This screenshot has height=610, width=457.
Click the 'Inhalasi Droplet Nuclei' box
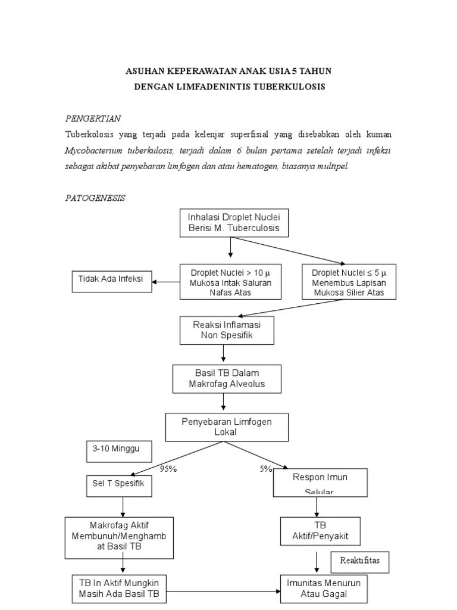pyautogui.click(x=230, y=222)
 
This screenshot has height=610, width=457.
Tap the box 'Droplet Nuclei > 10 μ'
pyautogui.click(x=230, y=282)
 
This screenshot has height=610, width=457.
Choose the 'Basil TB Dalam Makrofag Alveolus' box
pyautogui.click(x=227, y=378)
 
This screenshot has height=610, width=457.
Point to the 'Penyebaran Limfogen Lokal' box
pyautogui.click(x=227, y=427)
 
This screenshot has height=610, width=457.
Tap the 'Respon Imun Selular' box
pyautogui.click(x=320, y=482)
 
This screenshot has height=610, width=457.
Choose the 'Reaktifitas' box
pyautogui.click(x=359, y=561)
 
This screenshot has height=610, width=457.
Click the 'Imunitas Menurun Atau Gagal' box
pyautogui.click(x=324, y=589)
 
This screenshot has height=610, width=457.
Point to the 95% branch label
pyautogui.click(x=168, y=468)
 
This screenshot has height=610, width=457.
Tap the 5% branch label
pyautogui.click(x=265, y=468)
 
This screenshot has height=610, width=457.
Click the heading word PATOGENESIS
pyautogui.click(x=95, y=198)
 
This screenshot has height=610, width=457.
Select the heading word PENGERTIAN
pyautogui.click(x=93, y=119)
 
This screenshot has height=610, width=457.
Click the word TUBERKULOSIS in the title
pyautogui.click(x=290, y=87)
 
